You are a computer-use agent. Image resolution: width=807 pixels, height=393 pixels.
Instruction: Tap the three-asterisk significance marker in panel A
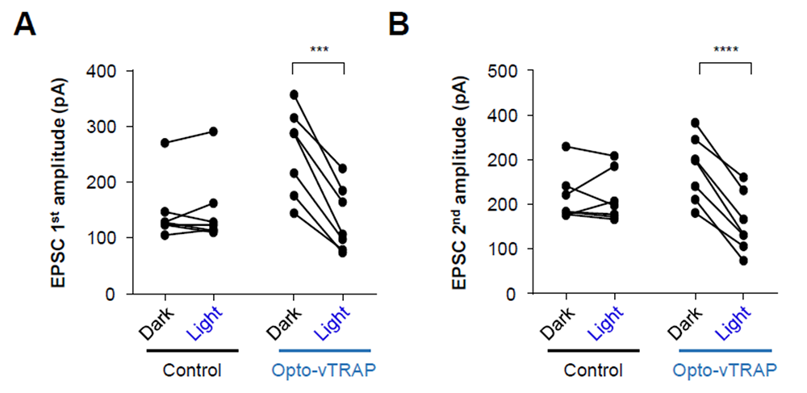(x=319, y=50)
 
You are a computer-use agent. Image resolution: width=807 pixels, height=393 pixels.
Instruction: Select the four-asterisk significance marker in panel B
(x=726, y=50)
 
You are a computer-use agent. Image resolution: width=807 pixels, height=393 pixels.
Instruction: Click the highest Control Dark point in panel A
(x=165, y=143)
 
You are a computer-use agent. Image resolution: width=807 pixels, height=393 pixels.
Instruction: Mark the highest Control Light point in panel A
(x=213, y=132)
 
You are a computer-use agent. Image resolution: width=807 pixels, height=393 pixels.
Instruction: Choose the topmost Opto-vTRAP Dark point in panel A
(x=294, y=94)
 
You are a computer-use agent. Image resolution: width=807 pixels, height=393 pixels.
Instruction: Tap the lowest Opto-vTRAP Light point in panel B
(x=743, y=261)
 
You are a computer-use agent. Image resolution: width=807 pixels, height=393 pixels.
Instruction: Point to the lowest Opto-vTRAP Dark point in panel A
(x=294, y=213)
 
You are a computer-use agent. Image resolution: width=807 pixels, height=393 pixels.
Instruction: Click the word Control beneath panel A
(x=192, y=370)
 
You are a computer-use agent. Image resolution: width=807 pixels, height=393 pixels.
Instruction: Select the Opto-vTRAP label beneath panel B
(x=725, y=370)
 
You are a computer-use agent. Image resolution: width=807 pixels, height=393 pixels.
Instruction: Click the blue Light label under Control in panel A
(x=204, y=324)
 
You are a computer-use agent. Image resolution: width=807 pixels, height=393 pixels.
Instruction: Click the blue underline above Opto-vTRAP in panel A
(x=324, y=351)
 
